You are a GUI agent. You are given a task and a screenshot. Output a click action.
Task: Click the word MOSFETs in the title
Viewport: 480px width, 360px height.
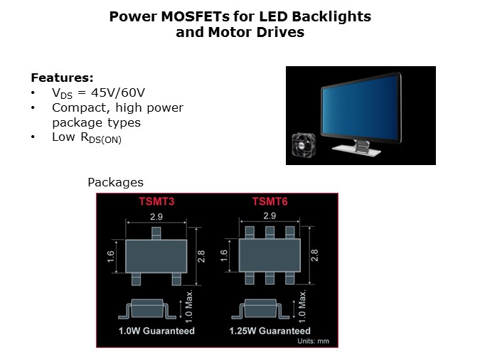click(x=196, y=16)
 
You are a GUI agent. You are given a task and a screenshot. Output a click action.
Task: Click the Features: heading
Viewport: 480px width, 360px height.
click(x=62, y=78)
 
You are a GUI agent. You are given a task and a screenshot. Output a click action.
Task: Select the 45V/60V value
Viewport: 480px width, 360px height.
click(x=118, y=92)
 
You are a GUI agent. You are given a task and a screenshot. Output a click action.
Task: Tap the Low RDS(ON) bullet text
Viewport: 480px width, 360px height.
click(x=87, y=137)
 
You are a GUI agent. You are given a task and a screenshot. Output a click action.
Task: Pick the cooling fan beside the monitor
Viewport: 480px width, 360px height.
click(x=304, y=145)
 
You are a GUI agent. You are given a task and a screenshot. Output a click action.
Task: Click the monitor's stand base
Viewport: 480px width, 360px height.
click(x=357, y=149)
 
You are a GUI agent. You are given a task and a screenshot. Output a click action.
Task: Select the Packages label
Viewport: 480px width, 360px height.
click(x=115, y=182)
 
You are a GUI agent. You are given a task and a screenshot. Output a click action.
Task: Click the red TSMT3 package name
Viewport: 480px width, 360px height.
click(x=156, y=201)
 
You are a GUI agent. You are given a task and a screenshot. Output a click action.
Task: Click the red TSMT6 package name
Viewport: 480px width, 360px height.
click(x=270, y=201)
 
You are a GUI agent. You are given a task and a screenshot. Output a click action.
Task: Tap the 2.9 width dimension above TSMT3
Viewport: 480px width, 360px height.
click(x=156, y=216)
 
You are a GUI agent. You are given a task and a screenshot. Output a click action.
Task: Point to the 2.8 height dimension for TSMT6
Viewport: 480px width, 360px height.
click(x=314, y=255)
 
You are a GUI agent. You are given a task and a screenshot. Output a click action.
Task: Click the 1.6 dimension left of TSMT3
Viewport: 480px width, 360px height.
click(x=111, y=256)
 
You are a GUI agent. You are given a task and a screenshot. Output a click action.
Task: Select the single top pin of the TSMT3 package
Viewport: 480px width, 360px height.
click(x=156, y=233)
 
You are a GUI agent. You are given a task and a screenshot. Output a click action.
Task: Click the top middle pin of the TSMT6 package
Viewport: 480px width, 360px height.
click(x=270, y=233)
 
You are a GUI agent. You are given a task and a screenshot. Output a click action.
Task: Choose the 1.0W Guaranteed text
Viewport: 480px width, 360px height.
click(x=156, y=331)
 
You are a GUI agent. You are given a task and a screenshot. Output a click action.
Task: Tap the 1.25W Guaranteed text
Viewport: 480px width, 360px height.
click(x=270, y=331)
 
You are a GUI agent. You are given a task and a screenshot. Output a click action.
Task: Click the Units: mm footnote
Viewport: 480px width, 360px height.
click(x=313, y=341)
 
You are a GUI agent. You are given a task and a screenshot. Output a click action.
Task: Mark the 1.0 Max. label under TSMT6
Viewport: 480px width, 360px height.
click(x=302, y=307)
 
